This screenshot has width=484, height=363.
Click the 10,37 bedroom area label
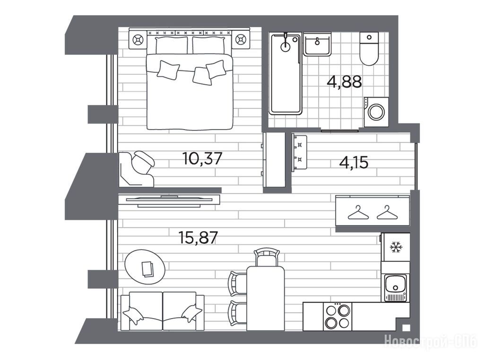[x=202, y=158]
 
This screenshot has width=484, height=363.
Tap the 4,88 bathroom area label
[x=344, y=82]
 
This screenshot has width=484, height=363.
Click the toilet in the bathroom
[x=369, y=49]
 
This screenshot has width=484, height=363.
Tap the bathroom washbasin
[x=317, y=44]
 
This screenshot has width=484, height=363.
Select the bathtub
[x=285, y=74]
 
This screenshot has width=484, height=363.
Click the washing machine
[x=376, y=112]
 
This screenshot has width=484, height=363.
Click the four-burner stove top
[x=337, y=317]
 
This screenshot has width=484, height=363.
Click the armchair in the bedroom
[x=137, y=169]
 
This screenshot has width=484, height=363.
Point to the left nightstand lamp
[x=138, y=40]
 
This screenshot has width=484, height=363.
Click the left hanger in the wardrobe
[x=358, y=213]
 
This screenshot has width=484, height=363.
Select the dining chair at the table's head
[x=267, y=258]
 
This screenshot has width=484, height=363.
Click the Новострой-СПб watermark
[x=431, y=341]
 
